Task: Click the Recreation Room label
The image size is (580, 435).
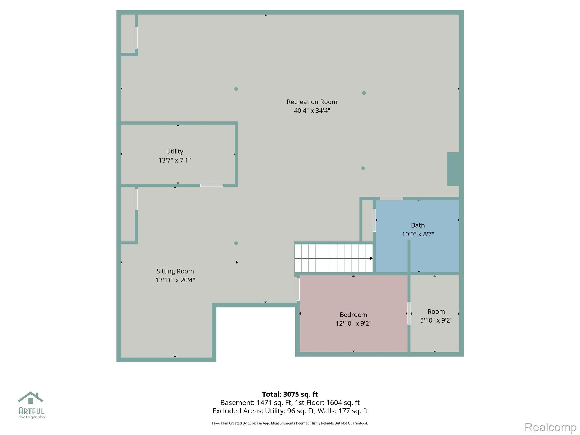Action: click(x=312, y=102)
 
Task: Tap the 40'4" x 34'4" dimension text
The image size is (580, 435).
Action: click(x=312, y=110)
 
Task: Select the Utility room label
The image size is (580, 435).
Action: click(x=174, y=152)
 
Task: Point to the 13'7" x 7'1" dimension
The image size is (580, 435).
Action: click(x=174, y=160)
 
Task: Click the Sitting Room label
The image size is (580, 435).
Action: click(x=175, y=271)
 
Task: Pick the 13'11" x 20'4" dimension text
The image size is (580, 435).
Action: click(x=175, y=280)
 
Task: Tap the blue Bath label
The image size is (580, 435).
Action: click(x=418, y=225)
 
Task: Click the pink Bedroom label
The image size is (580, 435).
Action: click(x=353, y=315)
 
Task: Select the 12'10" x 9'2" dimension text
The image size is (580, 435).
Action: click(x=353, y=323)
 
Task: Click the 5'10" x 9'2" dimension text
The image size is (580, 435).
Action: click(x=436, y=320)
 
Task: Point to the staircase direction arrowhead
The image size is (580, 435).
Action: click(x=371, y=258)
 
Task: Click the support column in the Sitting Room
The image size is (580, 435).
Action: click(x=236, y=243)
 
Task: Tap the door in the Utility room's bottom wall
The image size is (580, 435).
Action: click(x=212, y=185)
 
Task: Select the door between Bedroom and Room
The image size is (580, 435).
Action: click(x=409, y=313)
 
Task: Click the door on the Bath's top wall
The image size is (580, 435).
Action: click(x=391, y=199)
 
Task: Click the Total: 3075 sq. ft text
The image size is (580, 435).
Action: click(x=290, y=394)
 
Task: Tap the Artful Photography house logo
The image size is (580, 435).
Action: click(x=31, y=398)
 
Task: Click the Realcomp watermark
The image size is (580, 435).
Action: click(x=550, y=427)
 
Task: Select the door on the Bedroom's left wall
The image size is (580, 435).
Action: click(x=298, y=289)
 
